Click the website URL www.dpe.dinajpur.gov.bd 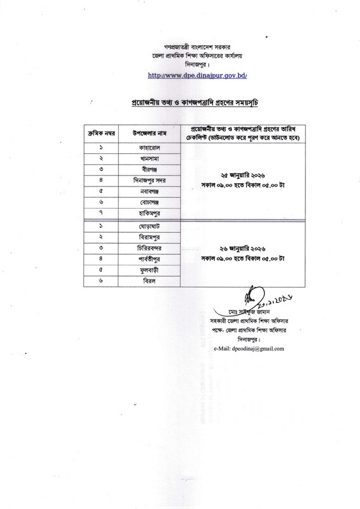(x=179, y=75)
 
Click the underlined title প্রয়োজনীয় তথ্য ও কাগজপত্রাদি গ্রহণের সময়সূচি (x=180, y=102)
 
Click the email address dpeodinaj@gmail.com (x=249, y=349)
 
